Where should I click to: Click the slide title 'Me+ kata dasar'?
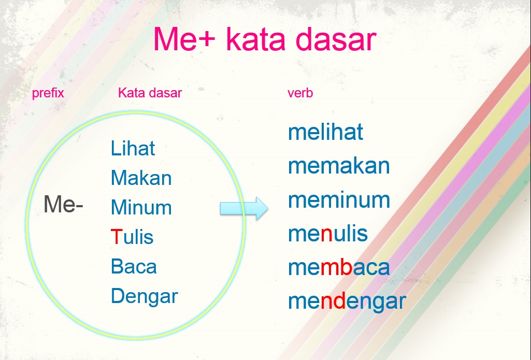(x=265, y=39)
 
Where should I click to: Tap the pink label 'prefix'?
(x=48, y=93)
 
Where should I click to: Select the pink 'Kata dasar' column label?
(x=150, y=92)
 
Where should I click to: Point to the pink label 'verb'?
(x=300, y=93)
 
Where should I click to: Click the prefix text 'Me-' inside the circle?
(x=63, y=204)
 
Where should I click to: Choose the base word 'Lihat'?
(x=133, y=148)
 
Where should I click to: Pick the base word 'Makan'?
(x=141, y=178)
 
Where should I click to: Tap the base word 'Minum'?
(x=141, y=207)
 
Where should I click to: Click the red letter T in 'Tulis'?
(x=117, y=237)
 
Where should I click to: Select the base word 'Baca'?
(x=134, y=266)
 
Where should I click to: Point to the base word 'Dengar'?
(x=144, y=296)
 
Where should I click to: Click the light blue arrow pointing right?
(x=244, y=208)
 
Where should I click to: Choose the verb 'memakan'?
(x=339, y=166)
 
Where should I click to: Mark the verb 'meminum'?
(x=339, y=200)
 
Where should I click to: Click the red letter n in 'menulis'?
(x=326, y=235)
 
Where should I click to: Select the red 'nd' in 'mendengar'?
(x=333, y=301)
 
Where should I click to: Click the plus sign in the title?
(x=205, y=38)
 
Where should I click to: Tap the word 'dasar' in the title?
(x=336, y=39)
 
